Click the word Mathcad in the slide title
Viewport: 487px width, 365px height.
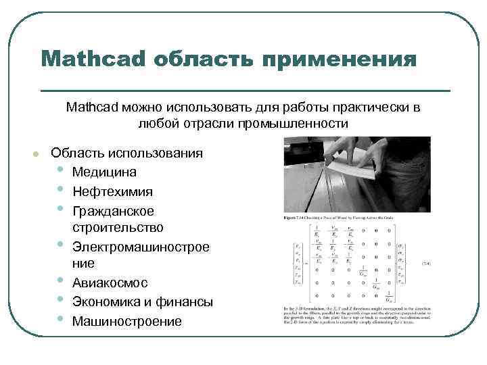tap(93, 58)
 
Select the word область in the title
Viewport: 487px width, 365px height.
tap(202, 58)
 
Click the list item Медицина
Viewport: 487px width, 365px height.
tap(104, 172)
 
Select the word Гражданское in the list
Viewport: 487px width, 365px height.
tap(113, 211)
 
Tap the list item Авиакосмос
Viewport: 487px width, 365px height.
tap(110, 283)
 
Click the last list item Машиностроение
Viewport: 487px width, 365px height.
tap(126, 320)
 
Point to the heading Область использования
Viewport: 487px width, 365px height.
tap(126, 153)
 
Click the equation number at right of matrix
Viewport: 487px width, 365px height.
tap(426, 263)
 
